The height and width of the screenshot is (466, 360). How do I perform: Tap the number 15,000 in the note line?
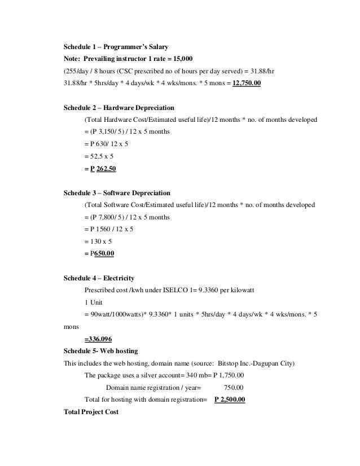pyautogui.click(x=181, y=58)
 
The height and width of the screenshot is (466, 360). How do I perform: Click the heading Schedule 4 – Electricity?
pyautogui.click(x=99, y=278)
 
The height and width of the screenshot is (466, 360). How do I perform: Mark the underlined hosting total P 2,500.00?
pyautogui.click(x=230, y=400)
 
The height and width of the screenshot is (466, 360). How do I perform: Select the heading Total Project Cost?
pyautogui.click(x=92, y=412)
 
